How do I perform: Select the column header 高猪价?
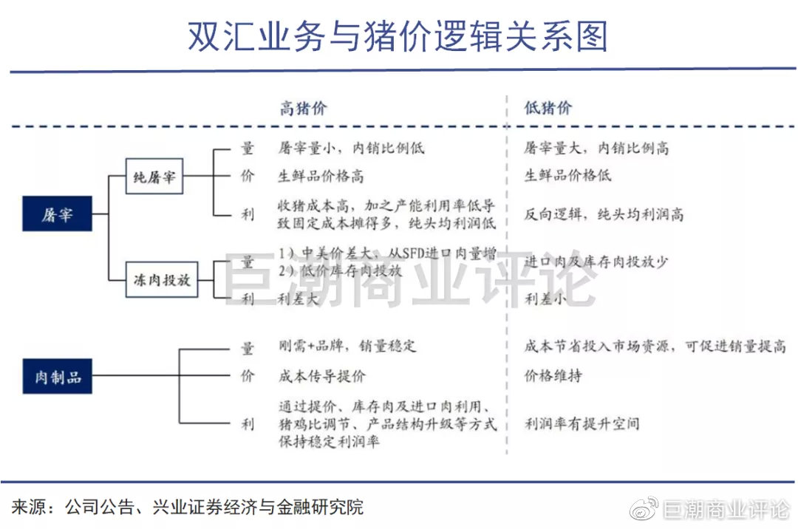click(x=302, y=109)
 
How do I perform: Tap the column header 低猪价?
click(x=548, y=109)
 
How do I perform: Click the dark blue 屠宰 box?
click(x=57, y=216)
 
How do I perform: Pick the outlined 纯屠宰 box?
click(x=154, y=177)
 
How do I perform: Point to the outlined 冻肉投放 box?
click(x=162, y=280)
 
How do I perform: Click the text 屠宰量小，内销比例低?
click(x=351, y=148)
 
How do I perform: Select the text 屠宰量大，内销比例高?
click(x=596, y=148)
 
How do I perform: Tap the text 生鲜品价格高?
click(x=321, y=177)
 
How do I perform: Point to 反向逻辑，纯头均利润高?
click(x=604, y=214)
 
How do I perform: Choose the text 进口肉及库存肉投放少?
click(x=597, y=262)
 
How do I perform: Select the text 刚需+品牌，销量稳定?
click(x=347, y=347)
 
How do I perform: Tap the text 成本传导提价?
click(x=322, y=376)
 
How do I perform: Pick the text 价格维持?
click(x=553, y=376)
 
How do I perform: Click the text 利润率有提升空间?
click(x=582, y=423)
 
